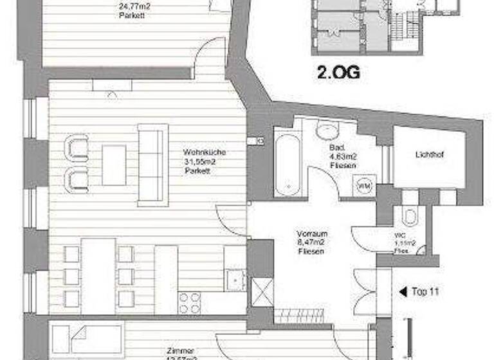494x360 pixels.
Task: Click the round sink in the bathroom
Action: point(327,132)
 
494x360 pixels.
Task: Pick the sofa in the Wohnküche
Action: point(152,165)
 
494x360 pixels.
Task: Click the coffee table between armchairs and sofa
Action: point(114,165)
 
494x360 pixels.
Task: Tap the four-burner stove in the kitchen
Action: point(189,302)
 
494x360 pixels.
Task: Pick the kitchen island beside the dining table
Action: point(165,280)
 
